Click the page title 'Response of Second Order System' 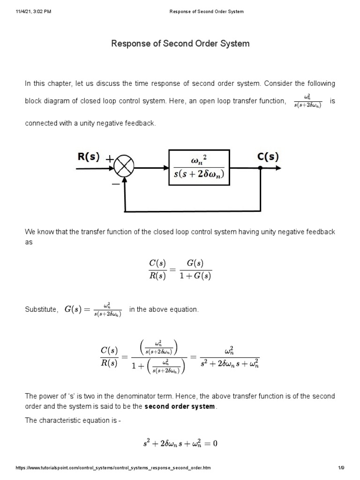pyautogui.click(x=180, y=44)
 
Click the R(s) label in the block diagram pyautogui.click(x=89, y=157)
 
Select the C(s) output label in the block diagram pyautogui.click(x=268, y=157)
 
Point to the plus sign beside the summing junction pyautogui.click(x=110, y=159)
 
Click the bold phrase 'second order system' pyautogui.click(x=180, y=406)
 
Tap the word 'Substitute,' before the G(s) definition pyautogui.click(x=42, y=310)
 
